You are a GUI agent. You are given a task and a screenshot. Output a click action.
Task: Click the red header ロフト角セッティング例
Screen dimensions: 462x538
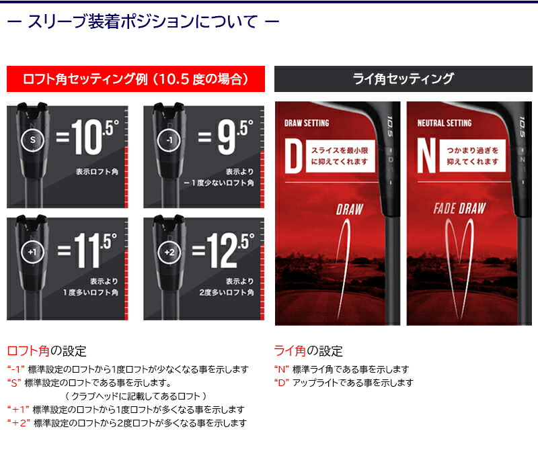click(135, 79)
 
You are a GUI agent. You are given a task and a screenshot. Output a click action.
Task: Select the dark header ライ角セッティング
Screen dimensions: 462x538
click(403, 79)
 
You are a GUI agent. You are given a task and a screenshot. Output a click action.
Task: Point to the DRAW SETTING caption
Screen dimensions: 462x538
click(307, 124)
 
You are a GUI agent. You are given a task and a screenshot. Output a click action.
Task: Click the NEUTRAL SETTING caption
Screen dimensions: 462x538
click(445, 124)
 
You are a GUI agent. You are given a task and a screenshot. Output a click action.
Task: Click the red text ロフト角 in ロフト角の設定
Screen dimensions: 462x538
click(29, 351)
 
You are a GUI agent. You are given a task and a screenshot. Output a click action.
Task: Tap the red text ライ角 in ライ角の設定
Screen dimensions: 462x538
click(290, 351)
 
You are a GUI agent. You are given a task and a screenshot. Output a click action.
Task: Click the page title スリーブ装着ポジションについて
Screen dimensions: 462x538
click(142, 21)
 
